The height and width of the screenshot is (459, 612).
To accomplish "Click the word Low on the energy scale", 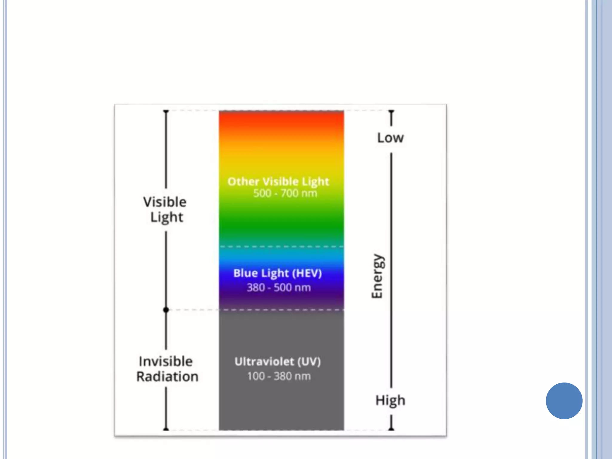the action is (390, 138).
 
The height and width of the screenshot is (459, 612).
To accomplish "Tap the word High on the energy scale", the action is (390, 400).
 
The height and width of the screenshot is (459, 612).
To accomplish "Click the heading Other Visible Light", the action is (278, 182).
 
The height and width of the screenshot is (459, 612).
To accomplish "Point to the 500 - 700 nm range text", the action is (285, 193).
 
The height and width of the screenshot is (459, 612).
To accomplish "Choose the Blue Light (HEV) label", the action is (278, 273).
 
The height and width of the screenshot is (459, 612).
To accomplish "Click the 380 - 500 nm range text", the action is (279, 287).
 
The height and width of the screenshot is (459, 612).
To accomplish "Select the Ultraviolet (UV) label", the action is (278, 362).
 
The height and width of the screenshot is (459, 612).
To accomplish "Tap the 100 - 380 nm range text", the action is (279, 376).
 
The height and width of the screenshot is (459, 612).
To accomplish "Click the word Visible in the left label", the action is (165, 202).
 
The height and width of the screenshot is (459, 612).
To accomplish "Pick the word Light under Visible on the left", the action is (167, 217).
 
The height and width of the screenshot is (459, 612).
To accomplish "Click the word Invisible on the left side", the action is (166, 362).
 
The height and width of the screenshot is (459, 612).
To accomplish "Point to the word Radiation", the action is (167, 377).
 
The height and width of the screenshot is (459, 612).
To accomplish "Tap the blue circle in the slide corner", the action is (564, 401).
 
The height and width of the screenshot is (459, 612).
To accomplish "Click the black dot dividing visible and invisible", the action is (166, 310).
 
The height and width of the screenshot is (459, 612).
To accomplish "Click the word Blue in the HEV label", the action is (246, 273).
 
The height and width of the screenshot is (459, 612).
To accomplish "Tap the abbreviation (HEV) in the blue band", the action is (307, 273).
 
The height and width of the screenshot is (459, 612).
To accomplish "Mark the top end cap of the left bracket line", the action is (166, 111).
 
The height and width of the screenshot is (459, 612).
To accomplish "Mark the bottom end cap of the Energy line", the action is (391, 429).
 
